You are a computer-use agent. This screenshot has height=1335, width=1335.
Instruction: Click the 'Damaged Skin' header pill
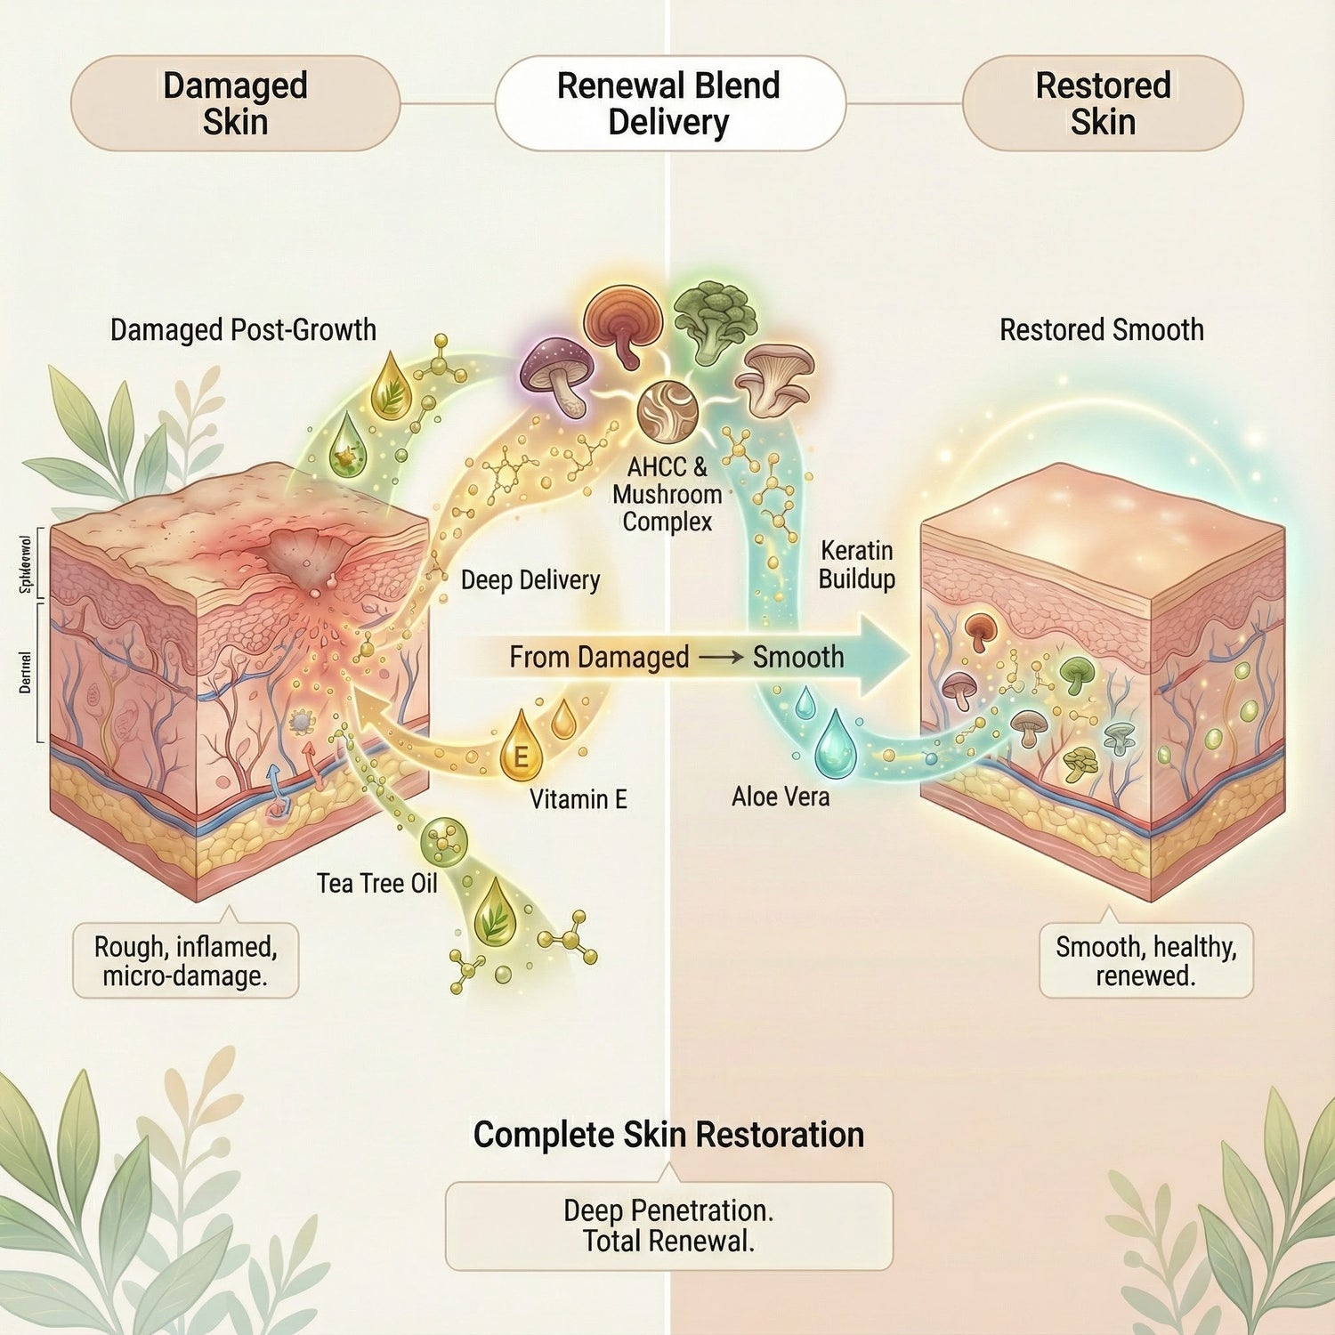point(235,103)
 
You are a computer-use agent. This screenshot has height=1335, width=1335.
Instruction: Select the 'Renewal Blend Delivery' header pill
point(668,103)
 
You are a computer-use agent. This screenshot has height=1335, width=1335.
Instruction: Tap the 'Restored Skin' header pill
point(1103,103)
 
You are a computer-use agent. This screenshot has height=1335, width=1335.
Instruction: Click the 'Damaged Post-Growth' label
point(243,330)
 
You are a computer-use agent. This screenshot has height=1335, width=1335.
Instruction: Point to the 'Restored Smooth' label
point(1101,330)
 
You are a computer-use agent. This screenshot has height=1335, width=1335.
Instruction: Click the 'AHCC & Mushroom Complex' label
point(667,494)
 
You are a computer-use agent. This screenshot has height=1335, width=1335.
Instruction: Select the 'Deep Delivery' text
point(530,580)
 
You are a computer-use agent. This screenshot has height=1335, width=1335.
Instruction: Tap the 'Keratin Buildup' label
point(856,564)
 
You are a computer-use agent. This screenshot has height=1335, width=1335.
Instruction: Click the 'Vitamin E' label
point(578,799)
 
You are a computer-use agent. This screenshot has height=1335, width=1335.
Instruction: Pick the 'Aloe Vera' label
point(781,797)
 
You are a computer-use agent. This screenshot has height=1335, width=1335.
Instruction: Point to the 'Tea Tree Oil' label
point(377,883)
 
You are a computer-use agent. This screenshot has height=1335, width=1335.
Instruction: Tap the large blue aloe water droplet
point(835,743)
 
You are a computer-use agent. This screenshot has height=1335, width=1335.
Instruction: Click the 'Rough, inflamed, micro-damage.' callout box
point(185,960)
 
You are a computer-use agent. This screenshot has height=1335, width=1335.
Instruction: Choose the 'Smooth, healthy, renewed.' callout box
point(1145,960)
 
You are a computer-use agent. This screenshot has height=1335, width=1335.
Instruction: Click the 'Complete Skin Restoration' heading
point(668,1135)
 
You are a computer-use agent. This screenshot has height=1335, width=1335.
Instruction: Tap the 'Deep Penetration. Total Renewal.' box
point(668,1226)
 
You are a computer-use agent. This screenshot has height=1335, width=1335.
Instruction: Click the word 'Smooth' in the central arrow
point(798,657)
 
